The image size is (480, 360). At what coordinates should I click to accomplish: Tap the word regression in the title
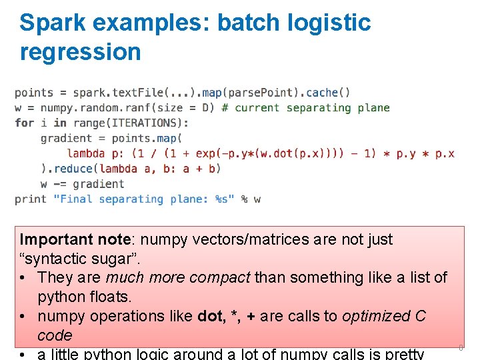[x=81, y=51]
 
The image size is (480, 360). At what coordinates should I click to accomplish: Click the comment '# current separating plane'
[x=305, y=108]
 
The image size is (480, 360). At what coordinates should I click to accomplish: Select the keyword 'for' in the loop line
[x=24, y=123]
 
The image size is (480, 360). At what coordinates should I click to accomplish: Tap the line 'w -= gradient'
[x=82, y=184]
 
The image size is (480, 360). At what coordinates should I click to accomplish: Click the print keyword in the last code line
[x=31, y=199]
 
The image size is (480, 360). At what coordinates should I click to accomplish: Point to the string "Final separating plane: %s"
[x=144, y=199]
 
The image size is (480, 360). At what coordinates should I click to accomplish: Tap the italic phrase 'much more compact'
[x=178, y=277]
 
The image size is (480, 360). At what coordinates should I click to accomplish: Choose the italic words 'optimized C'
[x=384, y=316]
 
